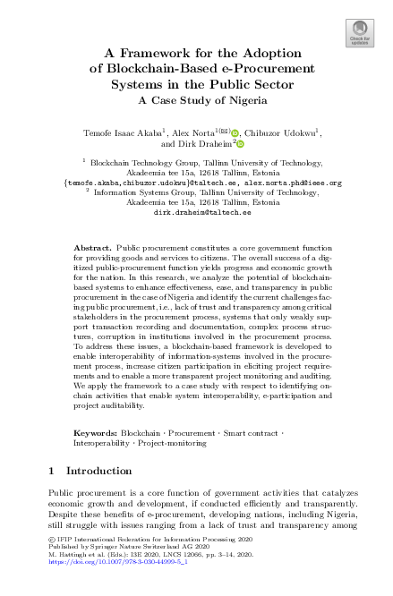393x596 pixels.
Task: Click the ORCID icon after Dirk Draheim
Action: coord(241,142)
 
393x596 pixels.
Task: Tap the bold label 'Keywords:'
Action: coord(95,432)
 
